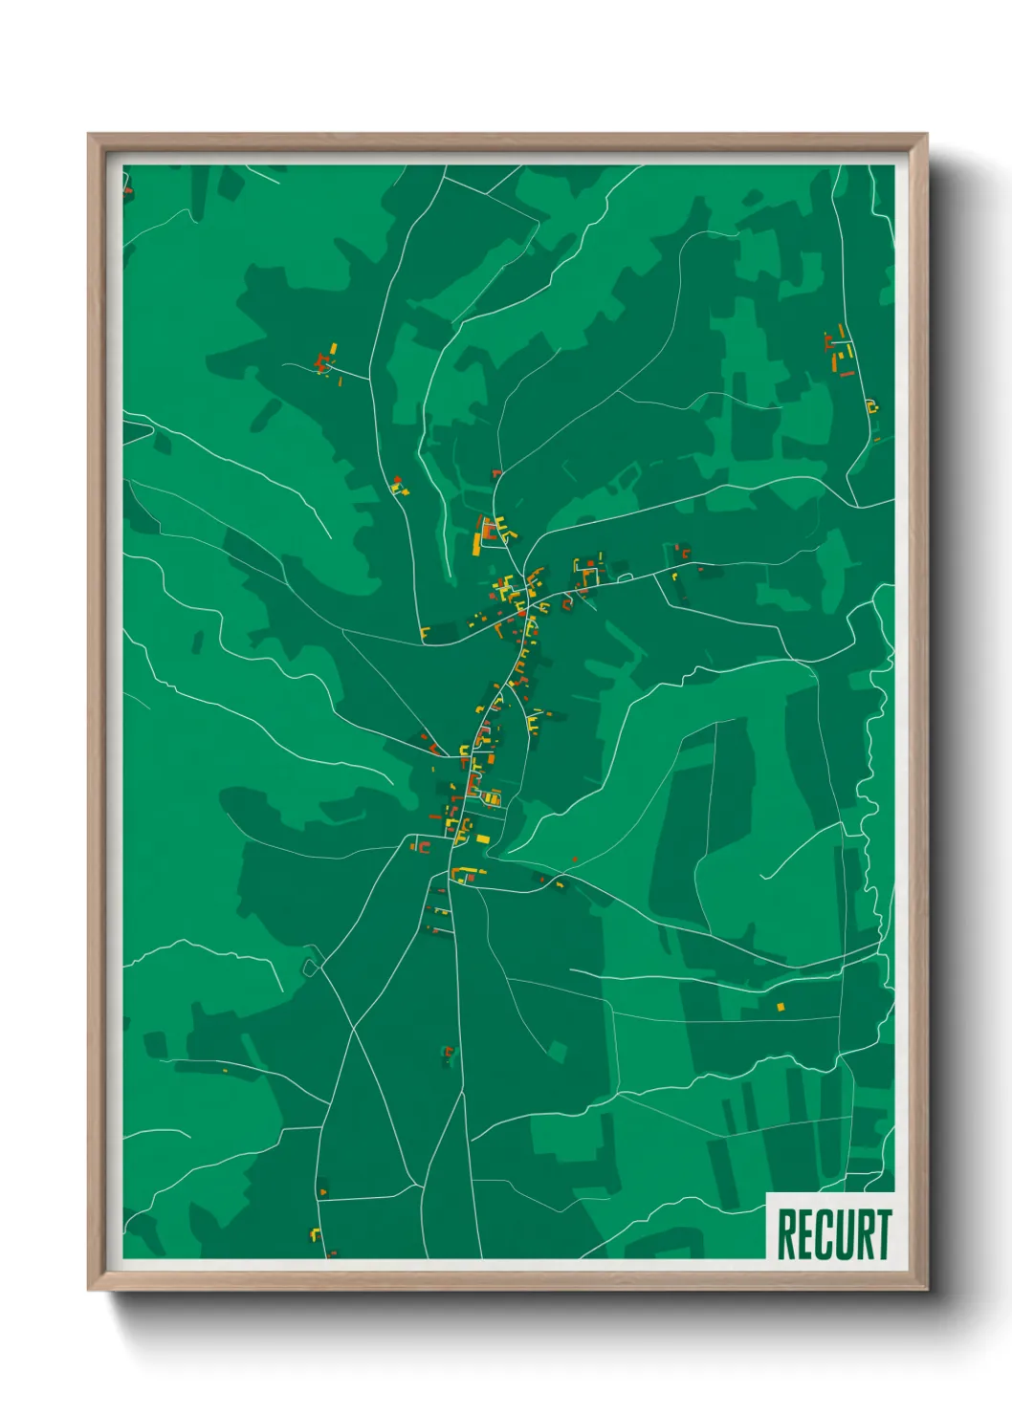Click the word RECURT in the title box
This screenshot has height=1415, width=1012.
coord(833,1234)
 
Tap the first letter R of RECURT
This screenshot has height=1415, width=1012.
coord(786,1234)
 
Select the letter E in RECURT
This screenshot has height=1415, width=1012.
coord(806,1234)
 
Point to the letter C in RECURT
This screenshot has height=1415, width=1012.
coord(825,1234)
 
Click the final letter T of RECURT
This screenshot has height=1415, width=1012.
coord(883,1234)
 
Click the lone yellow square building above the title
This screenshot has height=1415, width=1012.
coord(781,1007)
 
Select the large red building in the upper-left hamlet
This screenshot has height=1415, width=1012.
coord(321,363)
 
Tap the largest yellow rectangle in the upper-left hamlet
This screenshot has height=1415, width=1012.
coord(333,348)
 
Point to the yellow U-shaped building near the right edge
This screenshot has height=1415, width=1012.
coord(871,406)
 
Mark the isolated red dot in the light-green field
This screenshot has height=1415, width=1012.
coord(575,859)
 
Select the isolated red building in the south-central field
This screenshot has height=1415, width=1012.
coord(448,1053)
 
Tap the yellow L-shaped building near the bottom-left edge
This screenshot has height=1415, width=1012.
coord(314,1234)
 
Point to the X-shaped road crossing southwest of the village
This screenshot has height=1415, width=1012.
coord(353,1029)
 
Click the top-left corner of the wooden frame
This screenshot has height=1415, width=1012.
coord(90,136)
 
